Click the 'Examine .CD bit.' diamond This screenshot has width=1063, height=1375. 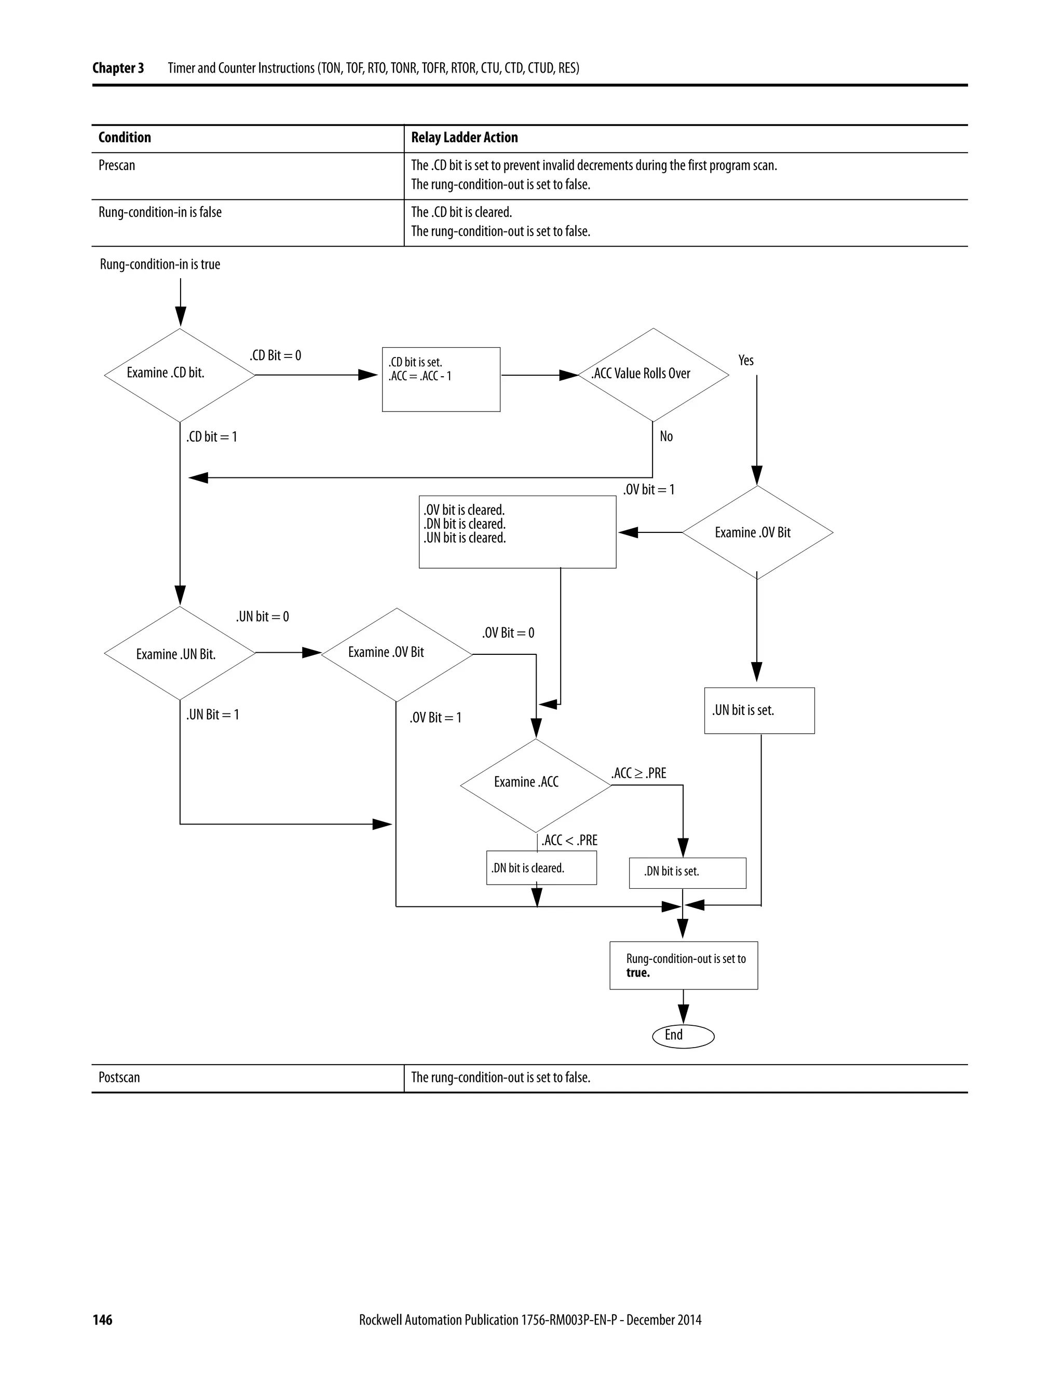coord(180,375)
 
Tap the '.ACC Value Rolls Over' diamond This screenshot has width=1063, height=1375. coord(653,375)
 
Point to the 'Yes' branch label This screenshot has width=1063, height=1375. coord(746,360)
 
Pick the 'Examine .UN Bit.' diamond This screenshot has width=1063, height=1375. coord(180,653)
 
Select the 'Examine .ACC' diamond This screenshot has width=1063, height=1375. coord(535,785)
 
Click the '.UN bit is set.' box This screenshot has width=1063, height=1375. coord(759,710)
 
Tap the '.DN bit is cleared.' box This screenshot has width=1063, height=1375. coord(541,868)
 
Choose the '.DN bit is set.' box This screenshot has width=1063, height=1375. coord(687,873)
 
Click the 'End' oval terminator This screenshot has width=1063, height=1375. coord(683,1036)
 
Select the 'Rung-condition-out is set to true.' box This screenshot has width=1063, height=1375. coord(683,965)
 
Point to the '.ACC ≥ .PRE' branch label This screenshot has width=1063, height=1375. coord(638,773)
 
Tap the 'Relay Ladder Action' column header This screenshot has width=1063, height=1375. coord(464,138)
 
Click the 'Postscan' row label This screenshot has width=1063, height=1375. coord(119,1077)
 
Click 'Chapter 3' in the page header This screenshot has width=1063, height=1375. coord(118,68)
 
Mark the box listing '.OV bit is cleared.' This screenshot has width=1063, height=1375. coord(517,531)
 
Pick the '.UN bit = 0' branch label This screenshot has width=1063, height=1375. coord(263,616)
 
